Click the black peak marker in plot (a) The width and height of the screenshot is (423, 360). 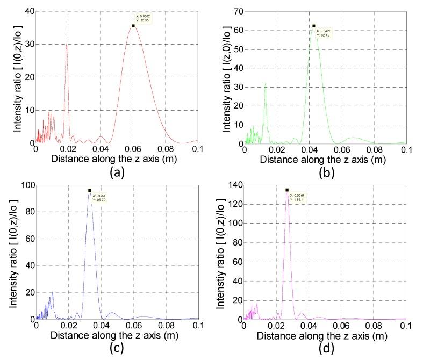coord(133,26)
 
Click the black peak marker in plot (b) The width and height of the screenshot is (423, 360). coord(314,26)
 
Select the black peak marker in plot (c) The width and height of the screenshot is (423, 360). coord(90,190)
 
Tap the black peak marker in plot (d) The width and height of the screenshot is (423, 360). coord(287,190)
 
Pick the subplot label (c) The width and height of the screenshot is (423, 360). coord(117,347)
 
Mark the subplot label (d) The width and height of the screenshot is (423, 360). coord(325,347)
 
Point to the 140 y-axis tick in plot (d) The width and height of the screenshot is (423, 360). coord(234,185)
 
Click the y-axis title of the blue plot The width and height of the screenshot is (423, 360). coord(12,253)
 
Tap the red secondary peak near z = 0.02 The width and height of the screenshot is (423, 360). coord(67,45)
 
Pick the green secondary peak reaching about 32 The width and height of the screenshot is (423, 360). coord(265,84)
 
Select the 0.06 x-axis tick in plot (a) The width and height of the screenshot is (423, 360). coord(133,149)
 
